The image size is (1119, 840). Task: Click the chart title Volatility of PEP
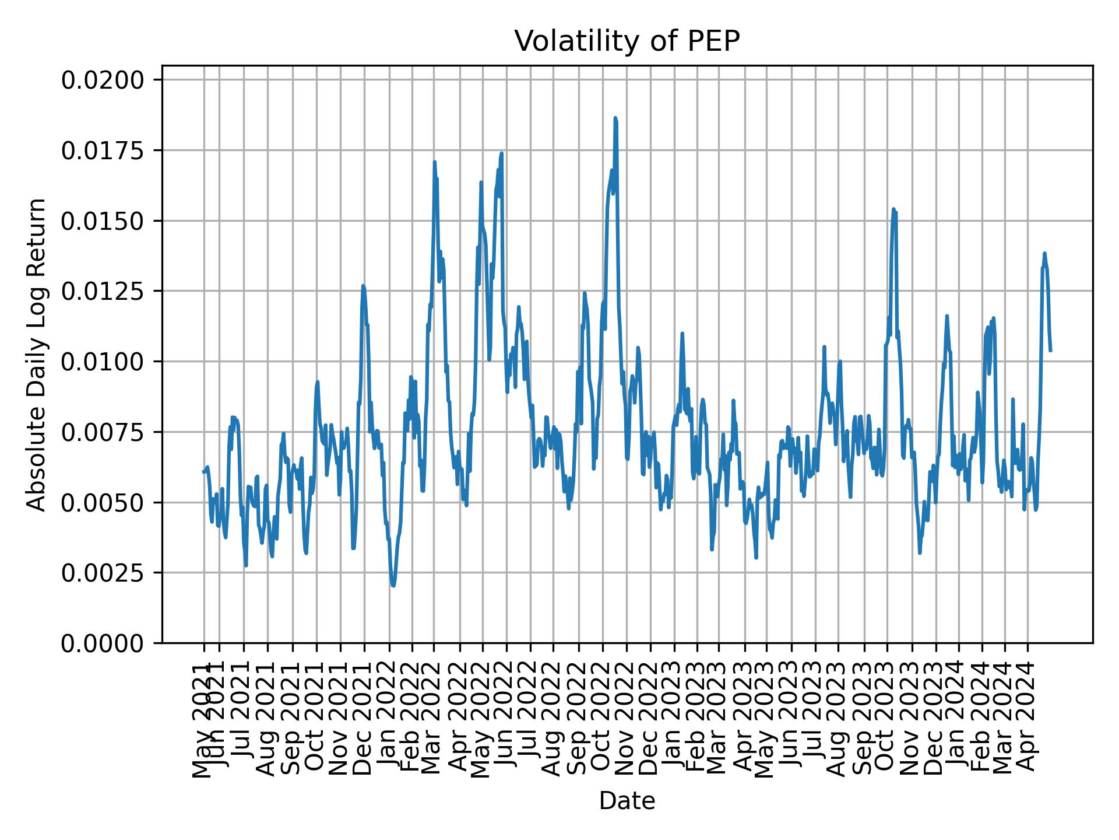[x=627, y=41]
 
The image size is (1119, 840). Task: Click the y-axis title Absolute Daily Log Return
[x=37, y=354]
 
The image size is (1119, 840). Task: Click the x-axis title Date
[x=627, y=801]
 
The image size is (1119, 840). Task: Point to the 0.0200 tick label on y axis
[x=103, y=80]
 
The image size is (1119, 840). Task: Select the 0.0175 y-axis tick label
[x=103, y=150]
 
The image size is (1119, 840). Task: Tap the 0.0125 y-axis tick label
[x=103, y=291]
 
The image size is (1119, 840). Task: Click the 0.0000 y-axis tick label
[x=103, y=643]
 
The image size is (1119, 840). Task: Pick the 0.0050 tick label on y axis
[x=103, y=502]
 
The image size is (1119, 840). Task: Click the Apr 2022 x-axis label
[x=459, y=719]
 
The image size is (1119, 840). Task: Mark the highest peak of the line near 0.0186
[x=615, y=118]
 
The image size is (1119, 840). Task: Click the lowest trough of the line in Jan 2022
[x=393, y=585]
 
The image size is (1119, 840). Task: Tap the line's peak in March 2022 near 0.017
[x=434, y=162]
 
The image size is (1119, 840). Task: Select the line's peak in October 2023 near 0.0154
[x=893, y=209]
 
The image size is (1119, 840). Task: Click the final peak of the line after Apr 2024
[x=1044, y=254]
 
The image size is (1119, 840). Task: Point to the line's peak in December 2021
[x=363, y=286]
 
